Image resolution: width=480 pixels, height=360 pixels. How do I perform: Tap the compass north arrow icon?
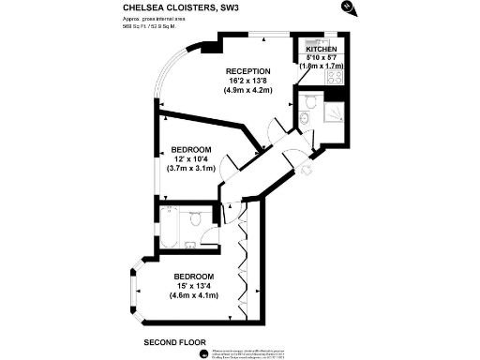pyautogui.click(x=349, y=7)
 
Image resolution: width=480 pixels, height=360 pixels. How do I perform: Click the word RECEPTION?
pyautogui.click(x=247, y=71)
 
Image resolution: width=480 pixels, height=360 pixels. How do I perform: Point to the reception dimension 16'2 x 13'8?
pyautogui.click(x=247, y=82)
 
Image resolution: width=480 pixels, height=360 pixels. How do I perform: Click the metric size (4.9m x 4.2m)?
pyautogui.click(x=247, y=91)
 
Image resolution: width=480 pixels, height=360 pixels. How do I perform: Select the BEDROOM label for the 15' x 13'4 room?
pyautogui.click(x=193, y=277)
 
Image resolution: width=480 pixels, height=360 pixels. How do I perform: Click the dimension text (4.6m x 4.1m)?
pyautogui.click(x=193, y=296)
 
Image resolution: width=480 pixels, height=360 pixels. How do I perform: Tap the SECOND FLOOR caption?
pyautogui.click(x=174, y=342)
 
